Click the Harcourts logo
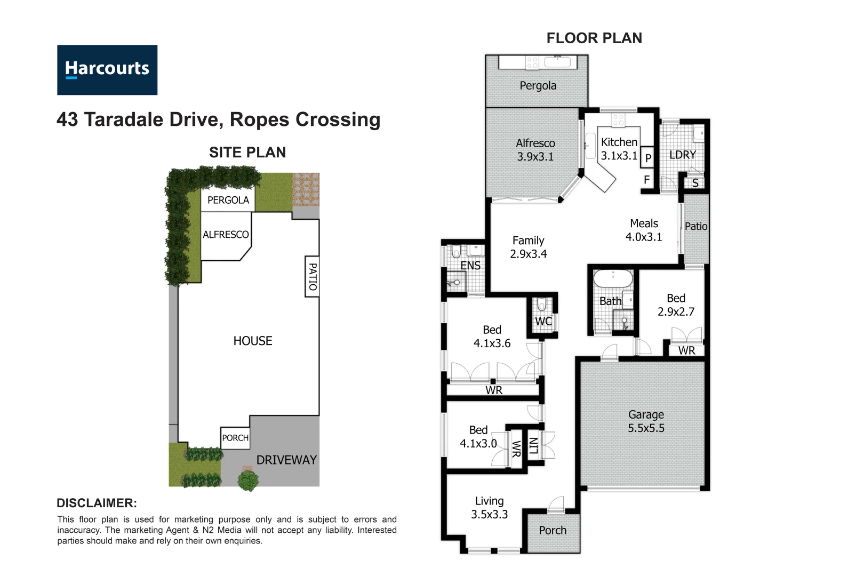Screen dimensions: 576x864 pos(107,70)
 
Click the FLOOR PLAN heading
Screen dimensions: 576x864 pos(594,38)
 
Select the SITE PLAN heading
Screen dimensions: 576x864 pos(247,153)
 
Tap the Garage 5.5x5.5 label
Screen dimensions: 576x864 pos(646,421)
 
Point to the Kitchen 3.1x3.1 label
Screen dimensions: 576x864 pos(619,149)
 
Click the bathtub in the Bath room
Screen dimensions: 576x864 pos(613,279)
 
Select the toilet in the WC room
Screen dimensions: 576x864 pos(542,305)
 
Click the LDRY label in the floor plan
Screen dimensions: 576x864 pos(682,155)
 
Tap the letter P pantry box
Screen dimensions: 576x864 pos(648,158)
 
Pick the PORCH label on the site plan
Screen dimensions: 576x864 pos(235,438)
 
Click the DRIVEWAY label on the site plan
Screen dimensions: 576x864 pos(286,460)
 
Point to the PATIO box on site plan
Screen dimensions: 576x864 pos(313,276)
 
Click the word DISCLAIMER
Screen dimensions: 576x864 pos(97,503)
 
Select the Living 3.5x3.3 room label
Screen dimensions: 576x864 pos(489,508)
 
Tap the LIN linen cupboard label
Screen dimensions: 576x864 pos(533,446)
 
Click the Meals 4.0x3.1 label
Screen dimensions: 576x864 pos(644,230)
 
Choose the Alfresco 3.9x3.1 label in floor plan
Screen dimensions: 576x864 pos(535,150)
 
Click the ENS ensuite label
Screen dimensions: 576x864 pos(470,266)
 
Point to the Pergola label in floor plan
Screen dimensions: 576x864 pos(538,86)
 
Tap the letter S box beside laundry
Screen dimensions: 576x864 pos(695,183)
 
